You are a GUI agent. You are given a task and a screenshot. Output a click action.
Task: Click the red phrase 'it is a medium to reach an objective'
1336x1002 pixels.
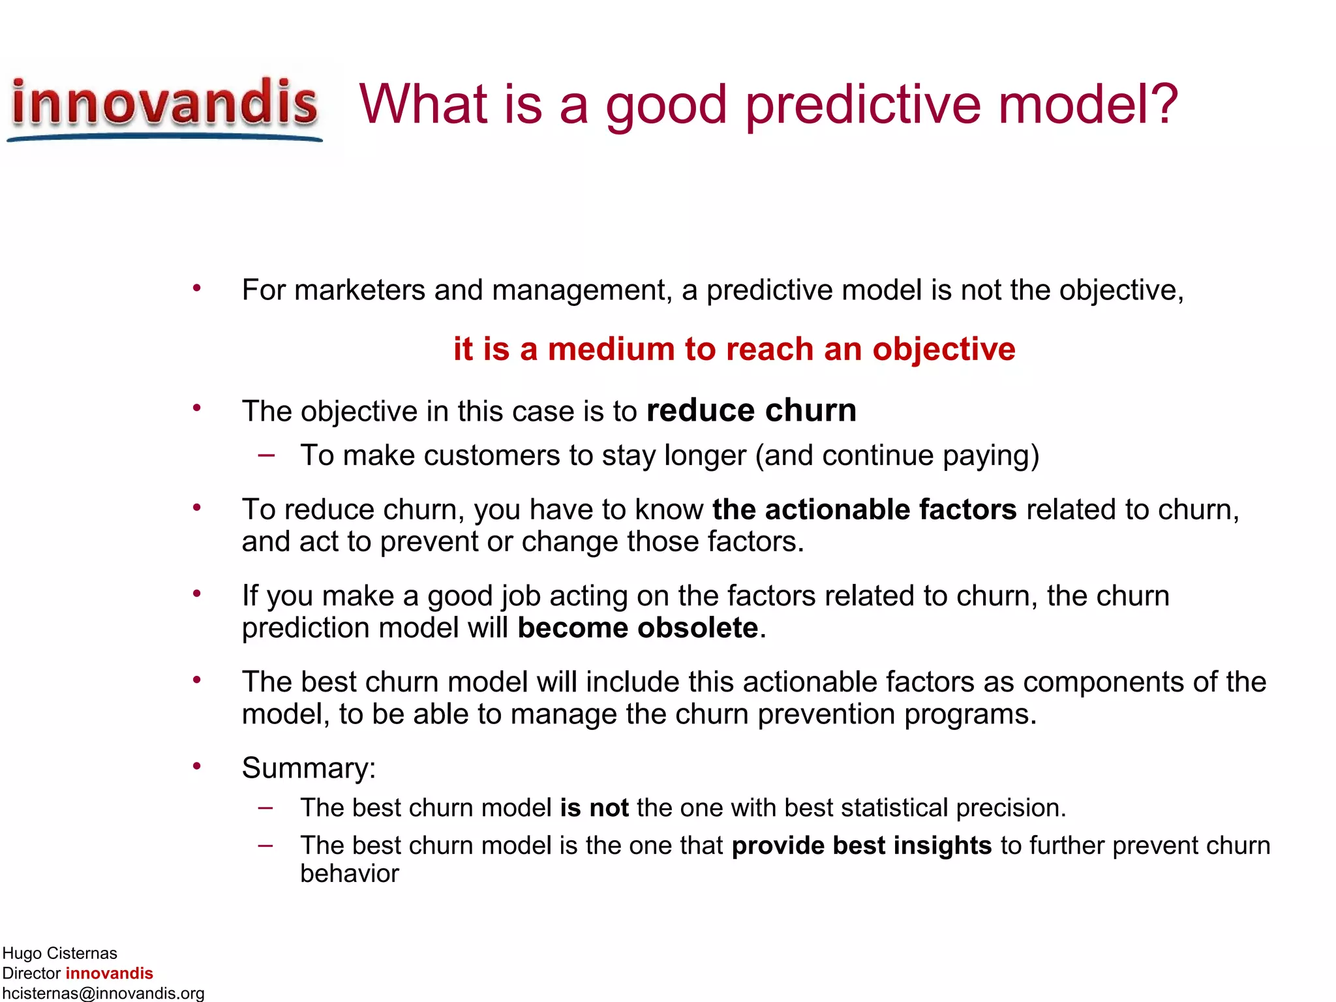point(734,349)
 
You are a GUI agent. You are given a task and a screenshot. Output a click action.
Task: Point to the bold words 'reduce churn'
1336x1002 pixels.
point(751,411)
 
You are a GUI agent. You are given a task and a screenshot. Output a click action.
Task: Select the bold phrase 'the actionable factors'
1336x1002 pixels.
point(864,509)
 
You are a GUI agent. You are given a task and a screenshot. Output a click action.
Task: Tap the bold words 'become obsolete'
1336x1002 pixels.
point(637,628)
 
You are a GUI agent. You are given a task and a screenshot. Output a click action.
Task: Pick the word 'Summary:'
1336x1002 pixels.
point(309,768)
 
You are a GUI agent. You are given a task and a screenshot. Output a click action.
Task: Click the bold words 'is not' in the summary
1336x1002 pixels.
point(594,808)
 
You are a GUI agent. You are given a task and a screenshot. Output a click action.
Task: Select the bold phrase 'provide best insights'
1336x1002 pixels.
point(861,845)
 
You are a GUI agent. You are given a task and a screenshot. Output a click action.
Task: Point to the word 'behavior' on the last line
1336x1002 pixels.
point(349,874)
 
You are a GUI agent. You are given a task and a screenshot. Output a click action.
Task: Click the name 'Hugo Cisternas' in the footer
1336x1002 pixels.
point(59,953)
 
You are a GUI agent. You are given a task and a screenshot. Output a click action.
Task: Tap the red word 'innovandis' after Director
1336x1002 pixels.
point(109,973)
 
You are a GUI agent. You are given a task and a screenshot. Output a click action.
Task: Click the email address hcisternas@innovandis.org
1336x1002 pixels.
point(103,993)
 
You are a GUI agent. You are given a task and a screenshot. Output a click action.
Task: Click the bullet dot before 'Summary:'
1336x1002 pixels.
point(196,766)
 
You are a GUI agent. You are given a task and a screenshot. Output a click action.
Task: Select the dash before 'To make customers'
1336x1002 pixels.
point(266,455)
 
